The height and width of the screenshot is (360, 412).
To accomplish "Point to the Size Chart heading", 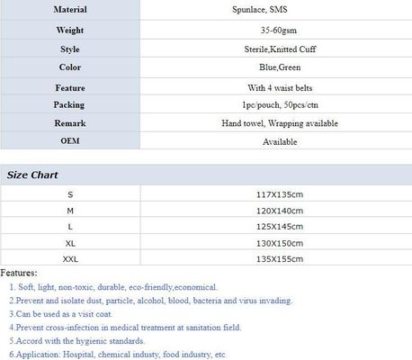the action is (32, 175).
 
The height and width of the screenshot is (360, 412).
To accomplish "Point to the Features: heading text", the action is (19, 272).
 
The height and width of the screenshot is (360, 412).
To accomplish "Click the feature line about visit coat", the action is (68, 314).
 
